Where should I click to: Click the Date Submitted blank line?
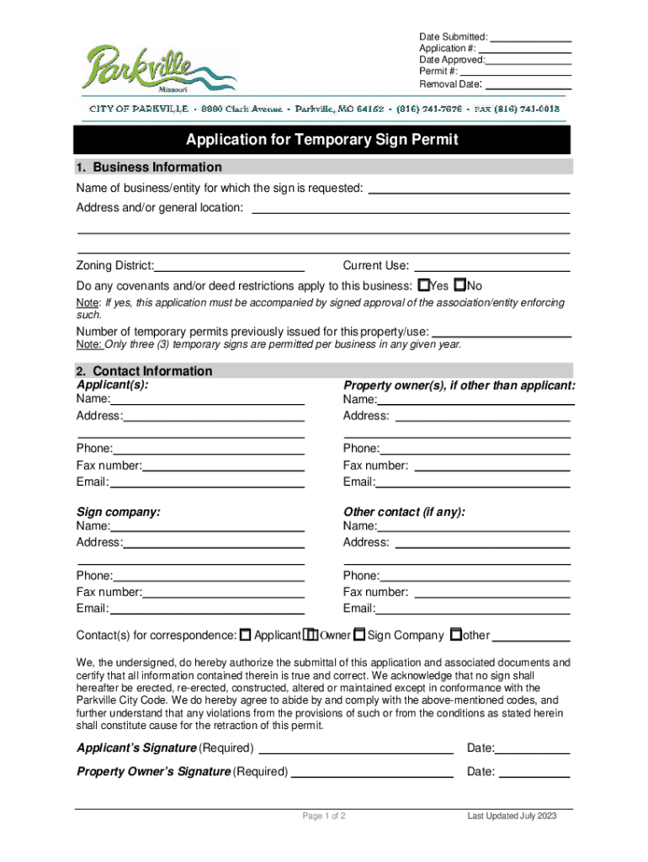530,37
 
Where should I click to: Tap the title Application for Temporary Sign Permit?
322,140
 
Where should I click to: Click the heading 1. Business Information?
149,167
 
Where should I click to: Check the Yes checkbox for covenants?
424,285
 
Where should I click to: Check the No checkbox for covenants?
459,285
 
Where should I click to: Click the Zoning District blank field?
229,267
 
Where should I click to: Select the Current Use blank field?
491,267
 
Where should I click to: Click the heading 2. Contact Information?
144,371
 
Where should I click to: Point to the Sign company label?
119,512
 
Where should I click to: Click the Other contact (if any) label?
404,512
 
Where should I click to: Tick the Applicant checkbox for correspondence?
246,635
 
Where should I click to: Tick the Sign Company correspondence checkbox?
359,635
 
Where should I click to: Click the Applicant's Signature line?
356,749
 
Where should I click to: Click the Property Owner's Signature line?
373,772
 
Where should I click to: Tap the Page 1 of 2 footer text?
324,817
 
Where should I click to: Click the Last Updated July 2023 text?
513,817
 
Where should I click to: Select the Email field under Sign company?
207,609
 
